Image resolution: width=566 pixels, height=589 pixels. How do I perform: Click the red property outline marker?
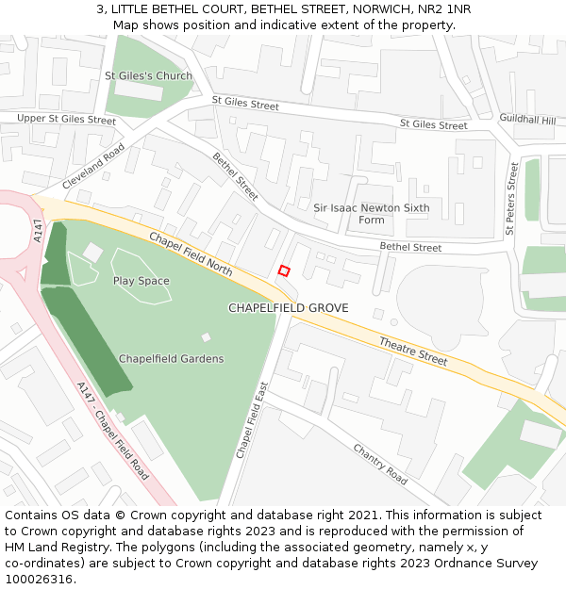click(x=284, y=270)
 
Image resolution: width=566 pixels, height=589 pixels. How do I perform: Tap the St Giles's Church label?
click(x=148, y=75)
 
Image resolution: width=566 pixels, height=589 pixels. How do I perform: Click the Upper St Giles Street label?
click(x=66, y=120)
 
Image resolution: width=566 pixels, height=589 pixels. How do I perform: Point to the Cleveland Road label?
click(x=93, y=167)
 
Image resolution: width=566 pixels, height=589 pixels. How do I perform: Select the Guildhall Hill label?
click(x=527, y=120)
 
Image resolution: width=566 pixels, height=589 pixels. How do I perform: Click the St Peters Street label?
click(x=511, y=198)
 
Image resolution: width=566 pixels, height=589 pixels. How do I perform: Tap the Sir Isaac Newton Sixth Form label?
click(x=372, y=214)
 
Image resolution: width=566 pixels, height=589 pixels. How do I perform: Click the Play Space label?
click(x=141, y=281)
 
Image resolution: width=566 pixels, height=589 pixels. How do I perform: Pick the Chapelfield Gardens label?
click(x=171, y=359)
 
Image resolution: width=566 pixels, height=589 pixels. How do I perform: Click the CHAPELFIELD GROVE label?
click(x=288, y=308)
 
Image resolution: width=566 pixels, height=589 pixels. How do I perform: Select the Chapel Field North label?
click(x=191, y=254)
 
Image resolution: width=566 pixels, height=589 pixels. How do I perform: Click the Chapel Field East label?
click(x=252, y=420)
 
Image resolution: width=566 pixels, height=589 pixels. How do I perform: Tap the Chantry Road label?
click(x=380, y=464)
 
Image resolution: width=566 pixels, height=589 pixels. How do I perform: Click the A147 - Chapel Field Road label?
click(x=113, y=429)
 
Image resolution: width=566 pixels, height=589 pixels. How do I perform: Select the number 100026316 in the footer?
click(x=39, y=580)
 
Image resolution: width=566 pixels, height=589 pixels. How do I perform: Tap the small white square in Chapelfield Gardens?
click(x=207, y=337)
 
